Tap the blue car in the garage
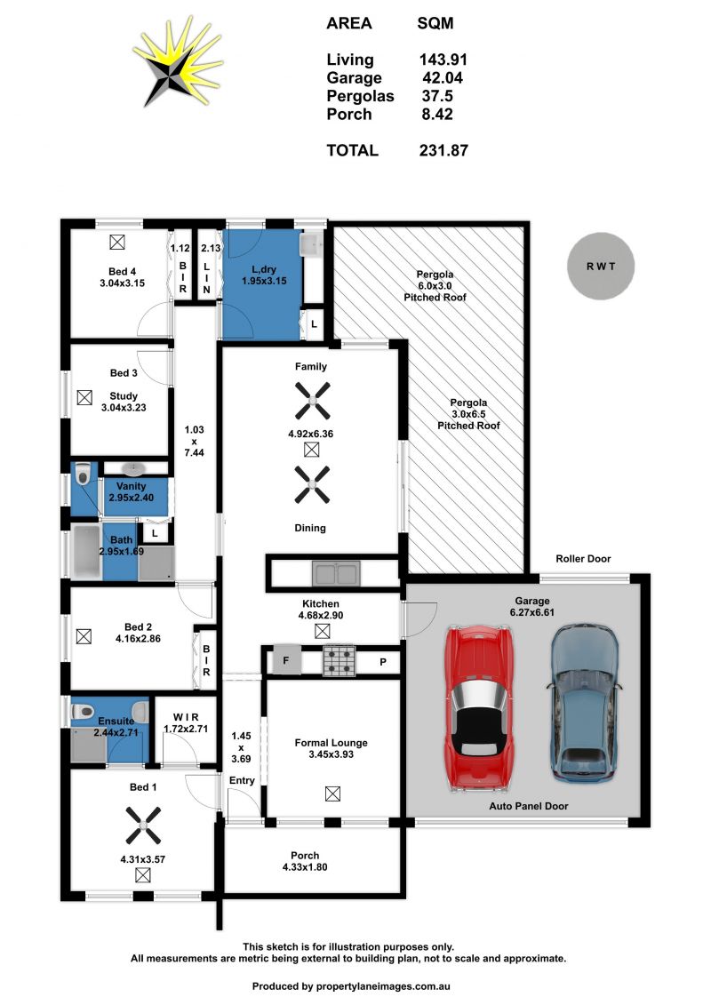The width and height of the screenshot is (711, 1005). point(584,702)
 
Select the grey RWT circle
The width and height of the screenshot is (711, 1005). point(601,266)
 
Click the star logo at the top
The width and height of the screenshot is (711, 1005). point(178,64)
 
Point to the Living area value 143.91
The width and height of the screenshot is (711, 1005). point(443,60)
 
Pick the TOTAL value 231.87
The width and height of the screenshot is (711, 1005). point(443,151)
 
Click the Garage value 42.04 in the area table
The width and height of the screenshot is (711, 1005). point(443,78)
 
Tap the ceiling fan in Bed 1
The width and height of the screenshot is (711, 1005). point(143,825)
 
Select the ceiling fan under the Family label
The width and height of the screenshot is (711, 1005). point(312,401)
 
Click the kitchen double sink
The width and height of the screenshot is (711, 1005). point(336,574)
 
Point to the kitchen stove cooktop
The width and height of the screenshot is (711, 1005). point(340,661)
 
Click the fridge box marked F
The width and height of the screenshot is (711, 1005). point(286,659)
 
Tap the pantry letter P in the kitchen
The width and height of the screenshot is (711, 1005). point(383,662)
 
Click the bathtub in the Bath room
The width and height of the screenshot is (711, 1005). point(86,551)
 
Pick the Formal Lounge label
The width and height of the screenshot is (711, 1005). point(331,743)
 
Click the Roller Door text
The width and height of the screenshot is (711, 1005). point(583,558)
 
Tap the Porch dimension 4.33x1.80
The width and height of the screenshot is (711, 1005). point(305,867)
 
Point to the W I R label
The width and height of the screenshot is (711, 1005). point(186,717)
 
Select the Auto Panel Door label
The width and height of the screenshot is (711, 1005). point(528,806)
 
